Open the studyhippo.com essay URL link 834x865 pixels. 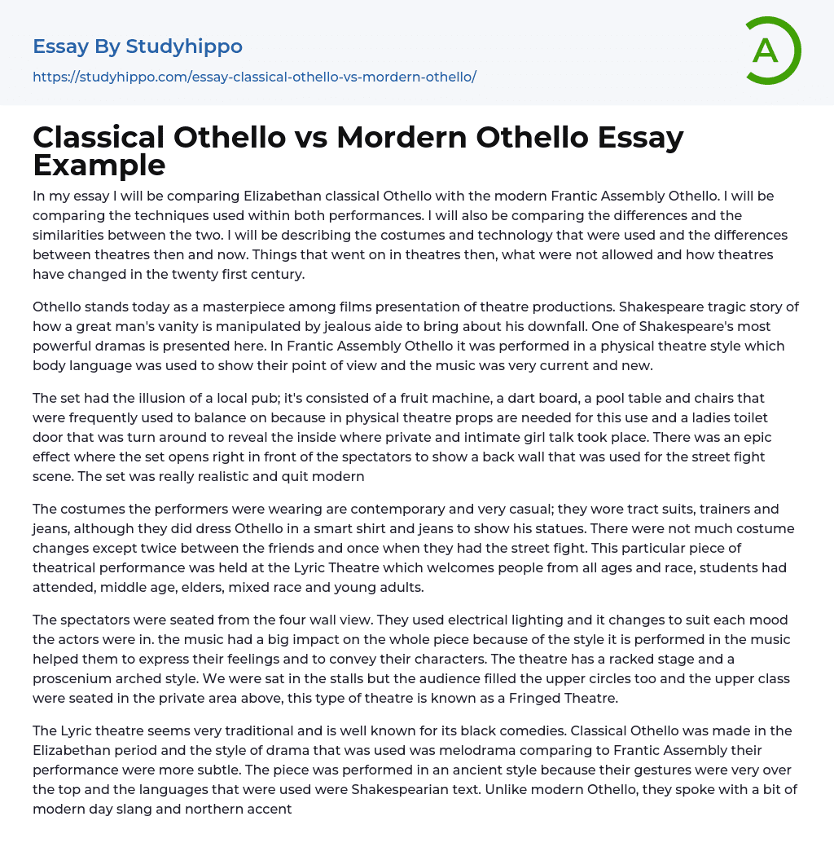[254, 77]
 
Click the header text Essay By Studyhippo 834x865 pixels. [138, 46]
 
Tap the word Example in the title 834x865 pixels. [99, 165]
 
